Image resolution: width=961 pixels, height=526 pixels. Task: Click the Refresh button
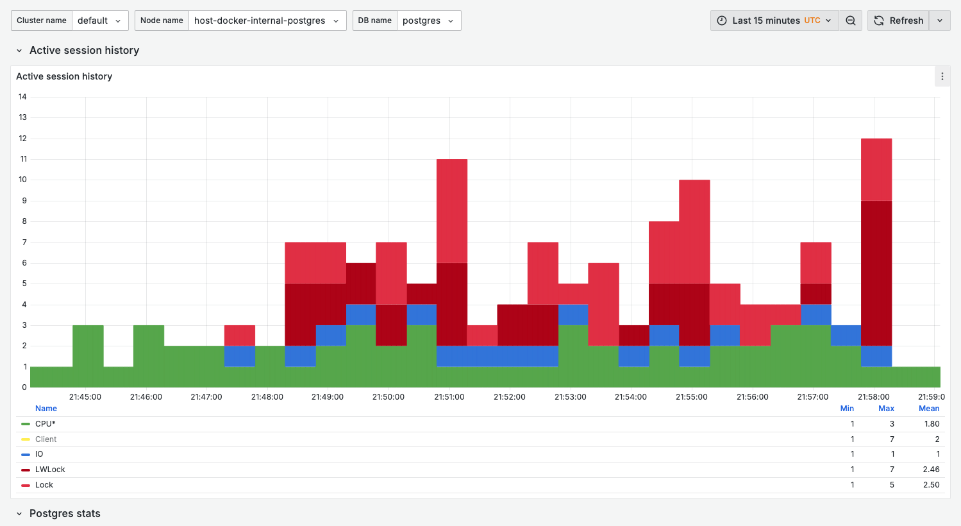coord(899,21)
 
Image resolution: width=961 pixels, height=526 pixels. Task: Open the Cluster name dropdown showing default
coord(100,21)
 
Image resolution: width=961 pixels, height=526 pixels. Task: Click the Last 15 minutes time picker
coord(774,21)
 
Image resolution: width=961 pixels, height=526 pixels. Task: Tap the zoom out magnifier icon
coord(851,21)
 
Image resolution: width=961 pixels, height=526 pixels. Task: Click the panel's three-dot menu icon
coord(942,76)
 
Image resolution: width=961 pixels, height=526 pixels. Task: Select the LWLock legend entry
coord(50,470)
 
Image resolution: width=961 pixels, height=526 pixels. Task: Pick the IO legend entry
coord(39,454)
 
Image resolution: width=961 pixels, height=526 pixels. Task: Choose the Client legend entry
coord(46,439)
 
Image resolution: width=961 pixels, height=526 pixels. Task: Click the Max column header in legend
coord(886,409)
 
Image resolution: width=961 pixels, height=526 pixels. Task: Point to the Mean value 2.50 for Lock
coord(931,485)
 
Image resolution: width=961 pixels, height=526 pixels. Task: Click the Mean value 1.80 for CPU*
coord(932,424)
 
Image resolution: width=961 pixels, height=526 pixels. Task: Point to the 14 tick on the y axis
coord(22,97)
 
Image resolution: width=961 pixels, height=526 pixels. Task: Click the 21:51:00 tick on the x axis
coord(449,397)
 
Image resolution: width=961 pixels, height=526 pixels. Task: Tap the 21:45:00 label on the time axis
coord(85,397)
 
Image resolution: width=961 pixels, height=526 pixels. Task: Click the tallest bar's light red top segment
coord(876,169)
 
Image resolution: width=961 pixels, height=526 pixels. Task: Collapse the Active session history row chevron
coord(19,51)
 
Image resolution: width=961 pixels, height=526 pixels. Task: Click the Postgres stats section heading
coord(65,514)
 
